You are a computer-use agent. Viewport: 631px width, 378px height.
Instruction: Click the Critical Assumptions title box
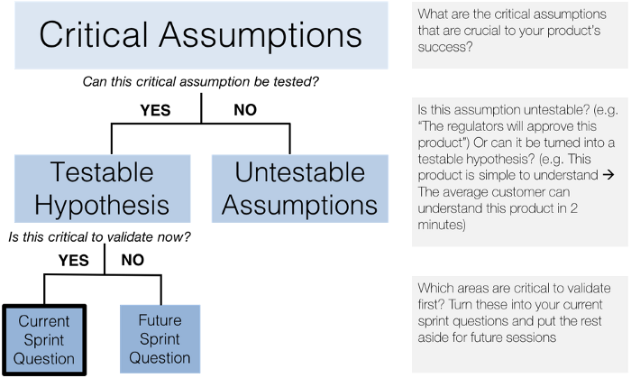click(x=201, y=35)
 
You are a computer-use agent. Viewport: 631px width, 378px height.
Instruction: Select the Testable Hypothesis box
click(x=102, y=189)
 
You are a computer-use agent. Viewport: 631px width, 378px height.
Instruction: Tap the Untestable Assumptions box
click(x=300, y=189)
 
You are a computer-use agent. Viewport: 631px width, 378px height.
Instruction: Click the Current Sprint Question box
click(x=44, y=340)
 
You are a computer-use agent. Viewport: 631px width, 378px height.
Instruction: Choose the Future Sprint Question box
click(x=160, y=339)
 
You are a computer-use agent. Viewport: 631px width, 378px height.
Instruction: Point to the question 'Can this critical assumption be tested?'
click(x=200, y=82)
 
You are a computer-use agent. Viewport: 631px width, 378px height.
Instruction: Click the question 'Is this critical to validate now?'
click(x=99, y=236)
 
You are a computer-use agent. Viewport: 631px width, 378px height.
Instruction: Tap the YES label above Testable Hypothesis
click(x=155, y=110)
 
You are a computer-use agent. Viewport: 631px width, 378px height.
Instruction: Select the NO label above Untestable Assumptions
click(x=245, y=110)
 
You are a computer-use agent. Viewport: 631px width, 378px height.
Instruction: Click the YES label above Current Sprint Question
click(x=74, y=260)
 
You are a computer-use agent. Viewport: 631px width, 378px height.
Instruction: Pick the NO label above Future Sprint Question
click(x=133, y=260)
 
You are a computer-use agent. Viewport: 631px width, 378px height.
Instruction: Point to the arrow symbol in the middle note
click(x=608, y=175)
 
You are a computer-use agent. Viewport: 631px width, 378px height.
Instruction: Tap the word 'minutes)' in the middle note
click(x=442, y=225)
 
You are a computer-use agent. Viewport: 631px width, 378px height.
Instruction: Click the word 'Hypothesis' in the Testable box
click(x=102, y=206)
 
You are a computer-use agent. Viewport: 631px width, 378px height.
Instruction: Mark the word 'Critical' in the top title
click(x=94, y=35)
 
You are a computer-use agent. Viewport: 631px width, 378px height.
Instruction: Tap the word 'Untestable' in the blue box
click(x=300, y=172)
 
